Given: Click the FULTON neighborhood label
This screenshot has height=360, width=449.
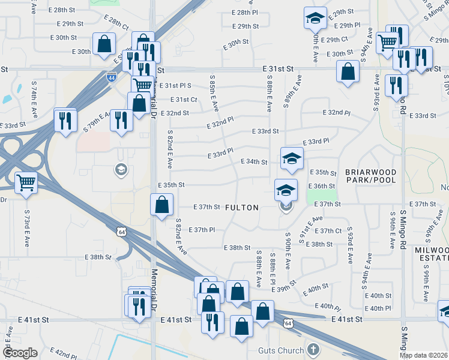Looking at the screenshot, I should [242, 208].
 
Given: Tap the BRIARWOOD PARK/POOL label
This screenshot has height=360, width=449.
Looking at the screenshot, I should [371, 176].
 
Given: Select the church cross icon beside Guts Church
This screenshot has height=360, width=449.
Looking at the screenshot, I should [312, 349].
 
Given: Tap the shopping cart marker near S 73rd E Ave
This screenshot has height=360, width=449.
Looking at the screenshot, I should [26, 182].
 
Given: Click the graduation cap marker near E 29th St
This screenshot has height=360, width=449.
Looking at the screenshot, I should [315, 19].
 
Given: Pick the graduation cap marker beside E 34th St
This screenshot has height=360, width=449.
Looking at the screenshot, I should [292, 158].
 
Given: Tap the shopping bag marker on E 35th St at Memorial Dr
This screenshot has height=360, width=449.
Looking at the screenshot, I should [161, 205].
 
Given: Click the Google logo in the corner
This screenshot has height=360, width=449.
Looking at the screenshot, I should [20, 353].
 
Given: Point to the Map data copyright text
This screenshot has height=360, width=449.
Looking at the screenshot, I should [423, 355].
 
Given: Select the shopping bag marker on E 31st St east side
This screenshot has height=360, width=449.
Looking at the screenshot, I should [348, 71].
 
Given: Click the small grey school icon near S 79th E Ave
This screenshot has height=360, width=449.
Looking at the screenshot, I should [121, 170].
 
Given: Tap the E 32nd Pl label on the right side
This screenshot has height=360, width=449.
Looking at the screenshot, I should [336, 113].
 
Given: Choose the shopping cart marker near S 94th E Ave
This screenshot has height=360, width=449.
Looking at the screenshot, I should [388, 42].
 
